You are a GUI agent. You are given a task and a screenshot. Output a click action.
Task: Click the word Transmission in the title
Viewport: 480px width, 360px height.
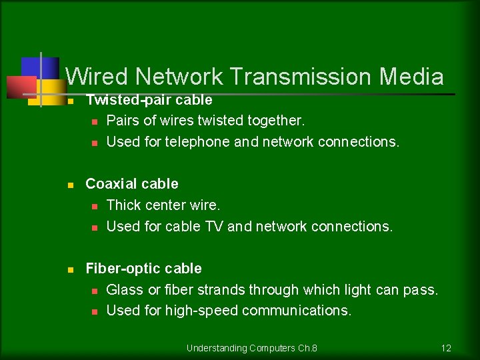(x=301, y=77)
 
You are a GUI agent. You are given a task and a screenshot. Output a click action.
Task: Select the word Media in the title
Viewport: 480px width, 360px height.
(x=411, y=77)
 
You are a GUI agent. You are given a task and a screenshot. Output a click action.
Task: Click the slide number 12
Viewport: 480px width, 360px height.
(x=446, y=348)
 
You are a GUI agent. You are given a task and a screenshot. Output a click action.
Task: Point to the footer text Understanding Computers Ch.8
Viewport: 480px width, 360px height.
(x=252, y=348)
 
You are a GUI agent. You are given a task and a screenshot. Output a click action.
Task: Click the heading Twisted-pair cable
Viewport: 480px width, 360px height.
(x=149, y=100)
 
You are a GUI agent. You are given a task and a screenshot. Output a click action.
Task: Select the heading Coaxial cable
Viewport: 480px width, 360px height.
(x=132, y=183)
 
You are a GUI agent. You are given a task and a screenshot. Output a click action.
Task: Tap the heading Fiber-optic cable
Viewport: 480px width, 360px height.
(x=143, y=268)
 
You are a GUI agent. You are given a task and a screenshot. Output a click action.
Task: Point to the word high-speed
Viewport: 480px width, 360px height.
(x=207, y=311)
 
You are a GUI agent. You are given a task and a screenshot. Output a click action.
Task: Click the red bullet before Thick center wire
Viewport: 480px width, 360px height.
(x=95, y=206)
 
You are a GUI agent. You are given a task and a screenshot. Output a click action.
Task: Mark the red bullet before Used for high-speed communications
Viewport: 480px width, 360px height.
(x=95, y=311)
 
